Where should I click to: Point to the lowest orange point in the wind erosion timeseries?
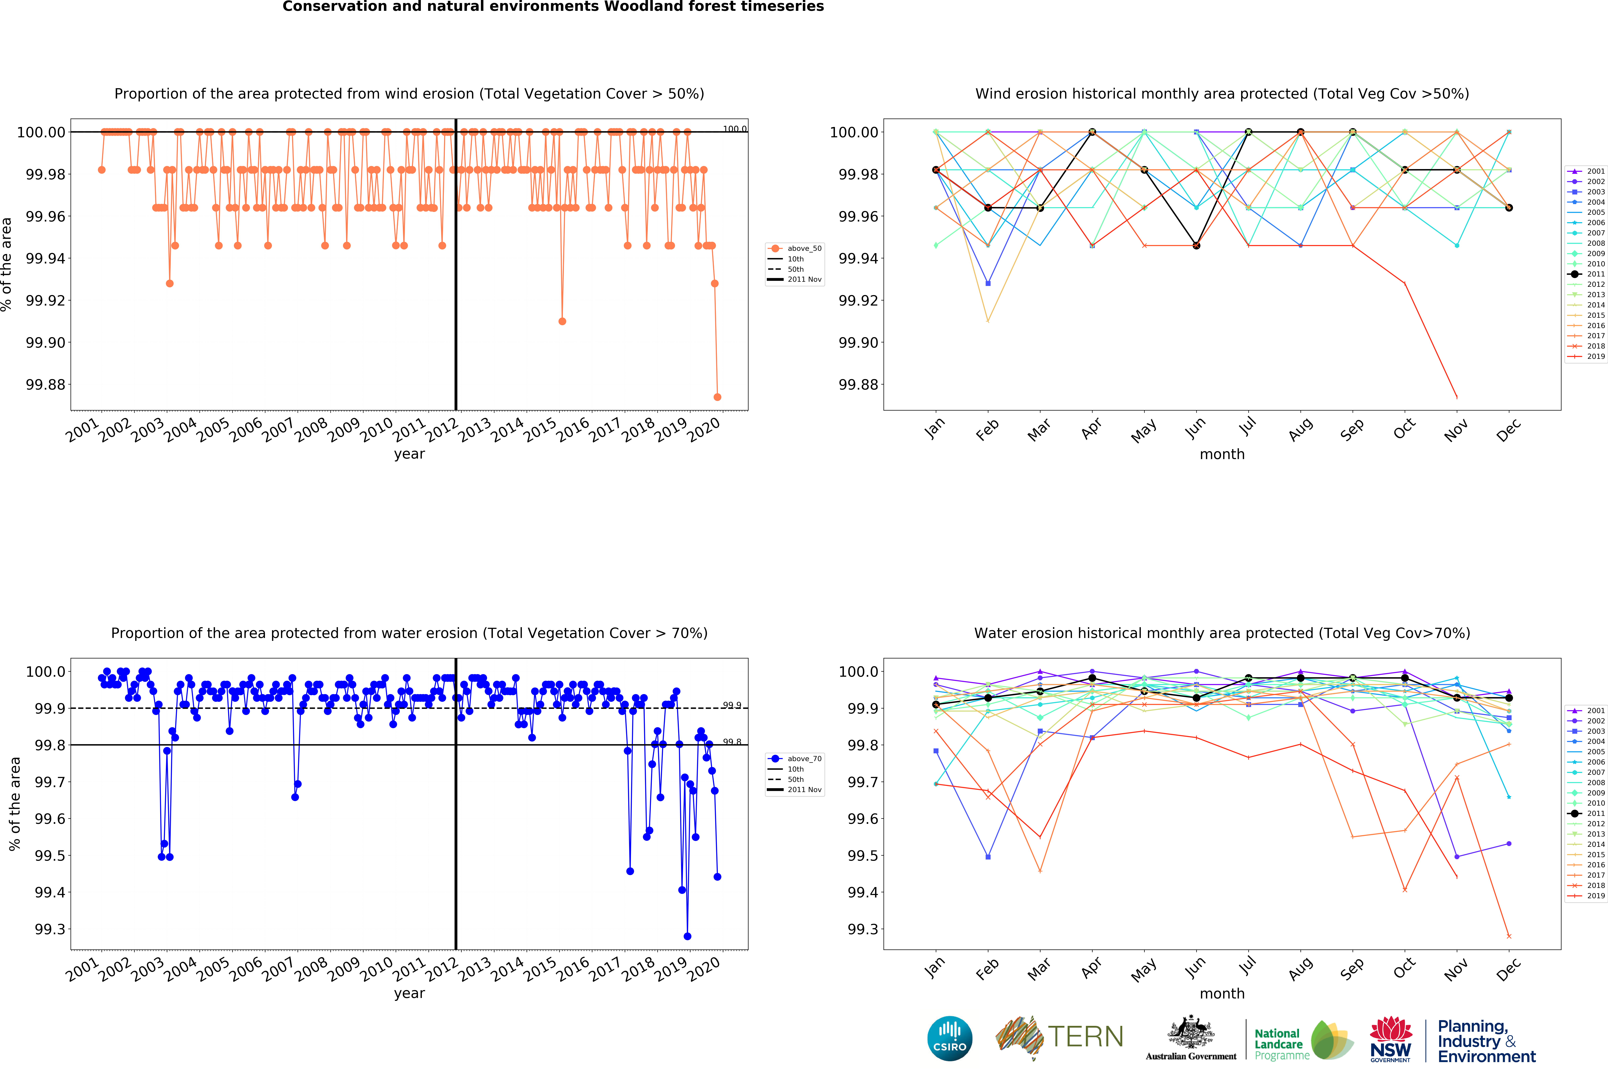point(717,397)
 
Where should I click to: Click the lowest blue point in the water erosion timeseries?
point(687,936)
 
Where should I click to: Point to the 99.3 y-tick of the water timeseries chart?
point(50,929)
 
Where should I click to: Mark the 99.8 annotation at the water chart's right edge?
point(732,742)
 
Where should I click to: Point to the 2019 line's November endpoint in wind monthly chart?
point(1456,397)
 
